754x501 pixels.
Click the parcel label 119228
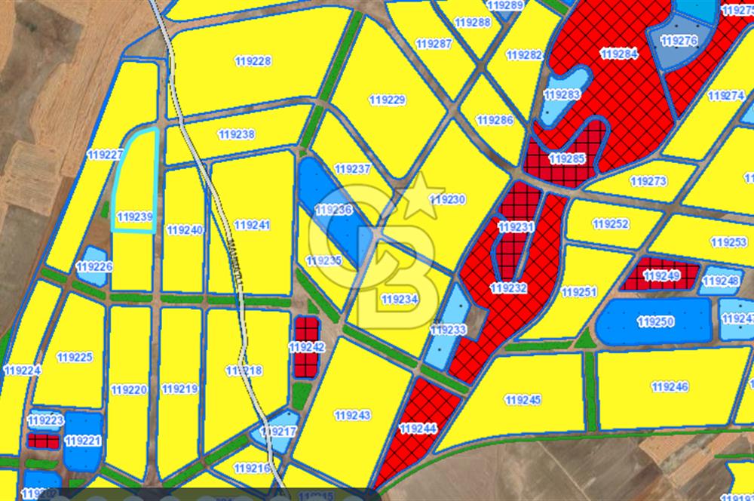point(253,61)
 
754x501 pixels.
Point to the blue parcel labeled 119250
point(654,322)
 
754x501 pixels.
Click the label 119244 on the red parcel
point(418,429)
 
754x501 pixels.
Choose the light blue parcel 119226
point(93,267)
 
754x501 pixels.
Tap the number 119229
point(388,100)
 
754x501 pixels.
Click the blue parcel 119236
point(333,210)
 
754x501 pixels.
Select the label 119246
point(670,387)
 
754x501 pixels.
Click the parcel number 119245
point(523,399)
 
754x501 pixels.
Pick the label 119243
point(352,415)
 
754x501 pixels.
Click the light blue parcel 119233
point(449,330)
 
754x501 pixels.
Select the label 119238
point(236,134)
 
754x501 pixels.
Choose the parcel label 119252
point(611,224)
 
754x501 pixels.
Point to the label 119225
point(74,357)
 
